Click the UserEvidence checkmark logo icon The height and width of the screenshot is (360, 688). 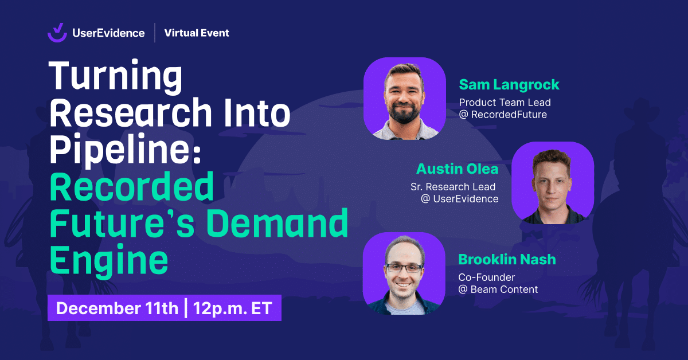pyautogui.click(x=57, y=33)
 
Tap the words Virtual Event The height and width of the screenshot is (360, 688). pyautogui.click(x=197, y=33)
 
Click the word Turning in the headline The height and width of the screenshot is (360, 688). pyautogui.click(x=116, y=76)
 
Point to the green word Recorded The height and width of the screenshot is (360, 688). pyautogui.click(x=132, y=186)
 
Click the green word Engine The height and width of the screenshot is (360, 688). pyautogui.click(x=109, y=260)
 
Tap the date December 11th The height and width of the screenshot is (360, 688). pyautogui.click(x=117, y=308)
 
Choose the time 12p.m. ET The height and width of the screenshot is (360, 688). pyautogui.click(x=233, y=308)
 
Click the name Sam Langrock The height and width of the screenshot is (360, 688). pyautogui.click(x=509, y=85)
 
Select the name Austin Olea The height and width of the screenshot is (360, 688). pyautogui.click(x=457, y=169)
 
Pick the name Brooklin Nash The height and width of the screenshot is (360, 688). pyautogui.click(x=507, y=260)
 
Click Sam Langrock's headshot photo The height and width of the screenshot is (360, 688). pyautogui.click(x=405, y=99)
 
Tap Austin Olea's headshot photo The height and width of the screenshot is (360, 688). pyautogui.click(x=553, y=183)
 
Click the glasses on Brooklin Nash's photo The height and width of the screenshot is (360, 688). pyautogui.click(x=404, y=268)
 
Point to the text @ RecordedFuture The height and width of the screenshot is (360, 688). pyautogui.click(x=503, y=115)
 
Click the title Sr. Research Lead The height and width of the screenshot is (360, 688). pyautogui.click(x=453, y=187)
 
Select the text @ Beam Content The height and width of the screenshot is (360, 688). pyautogui.click(x=498, y=289)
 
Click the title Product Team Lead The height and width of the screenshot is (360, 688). pyautogui.click(x=505, y=102)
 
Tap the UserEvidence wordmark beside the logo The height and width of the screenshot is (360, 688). pyautogui.click(x=108, y=33)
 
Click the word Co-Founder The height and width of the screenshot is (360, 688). pyautogui.click(x=487, y=277)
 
